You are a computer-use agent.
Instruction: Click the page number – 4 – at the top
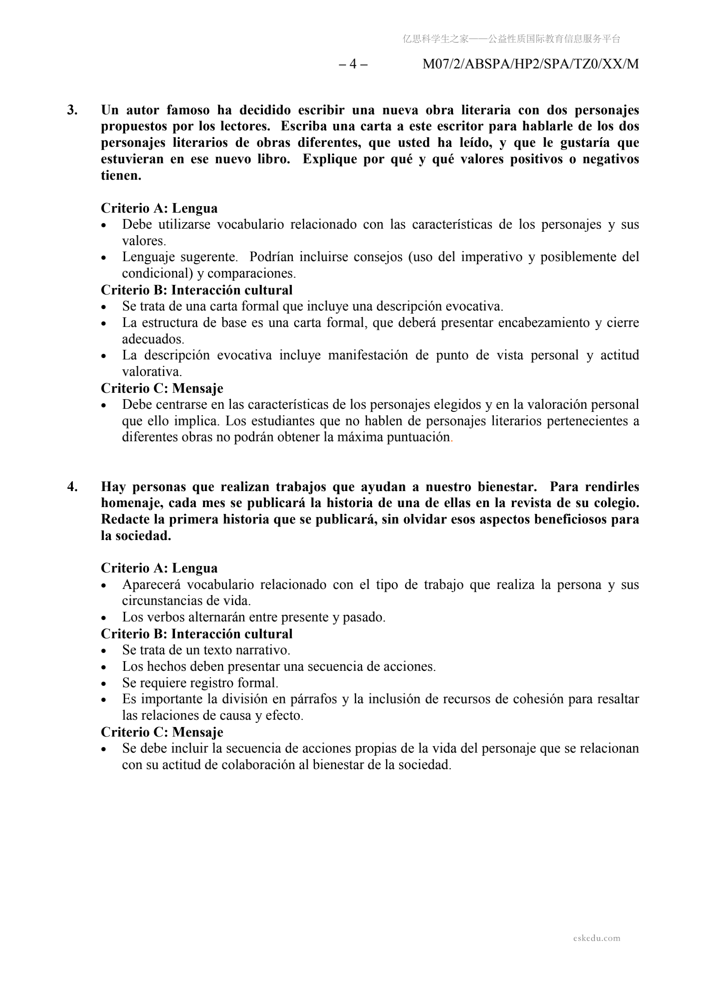(x=353, y=65)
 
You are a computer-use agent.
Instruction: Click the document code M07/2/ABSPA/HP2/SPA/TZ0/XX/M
(x=531, y=65)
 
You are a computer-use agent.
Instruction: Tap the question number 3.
(x=72, y=110)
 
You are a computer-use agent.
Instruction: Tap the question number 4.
(x=72, y=486)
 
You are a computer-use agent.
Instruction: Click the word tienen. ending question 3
(x=121, y=175)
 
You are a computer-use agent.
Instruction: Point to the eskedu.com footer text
(x=596, y=938)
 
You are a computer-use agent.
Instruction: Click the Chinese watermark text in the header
(x=512, y=39)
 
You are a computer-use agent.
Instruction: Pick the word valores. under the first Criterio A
(x=144, y=241)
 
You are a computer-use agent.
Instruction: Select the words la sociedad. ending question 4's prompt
(x=136, y=536)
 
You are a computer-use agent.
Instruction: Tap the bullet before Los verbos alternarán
(x=104, y=618)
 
